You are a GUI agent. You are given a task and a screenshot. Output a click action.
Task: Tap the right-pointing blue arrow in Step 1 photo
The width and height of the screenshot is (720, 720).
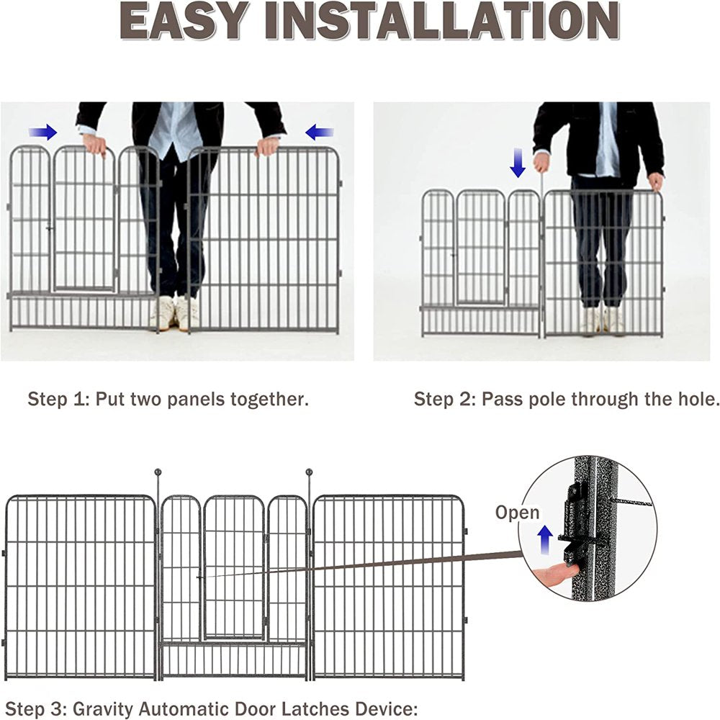(x=43, y=132)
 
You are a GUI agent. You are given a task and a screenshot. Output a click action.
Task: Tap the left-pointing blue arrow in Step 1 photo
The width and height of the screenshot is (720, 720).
(x=320, y=132)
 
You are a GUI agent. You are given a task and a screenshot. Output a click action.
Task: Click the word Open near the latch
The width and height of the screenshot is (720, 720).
(x=517, y=513)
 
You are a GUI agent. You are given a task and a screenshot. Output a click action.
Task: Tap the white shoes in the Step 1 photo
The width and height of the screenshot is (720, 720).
(x=175, y=313)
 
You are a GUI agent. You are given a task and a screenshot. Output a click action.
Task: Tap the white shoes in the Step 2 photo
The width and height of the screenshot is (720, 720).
(x=602, y=321)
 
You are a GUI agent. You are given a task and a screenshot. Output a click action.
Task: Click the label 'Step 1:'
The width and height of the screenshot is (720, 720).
(x=58, y=399)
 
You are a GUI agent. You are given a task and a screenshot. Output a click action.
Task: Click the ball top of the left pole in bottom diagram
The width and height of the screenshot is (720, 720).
(x=158, y=473)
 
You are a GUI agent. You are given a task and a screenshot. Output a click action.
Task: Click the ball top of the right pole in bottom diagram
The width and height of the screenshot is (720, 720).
(x=310, y=473)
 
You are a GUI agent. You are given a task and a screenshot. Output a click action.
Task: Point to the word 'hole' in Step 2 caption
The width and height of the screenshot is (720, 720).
(x=696, y=399)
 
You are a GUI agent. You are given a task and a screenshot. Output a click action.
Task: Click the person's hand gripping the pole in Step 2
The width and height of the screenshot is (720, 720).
(x=541, y=161)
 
